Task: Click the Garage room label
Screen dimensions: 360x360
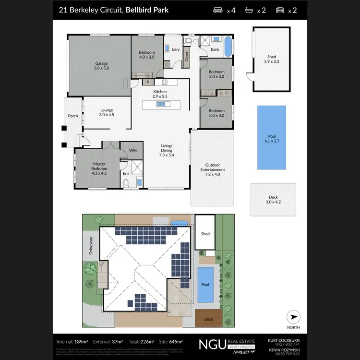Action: coord(101,66)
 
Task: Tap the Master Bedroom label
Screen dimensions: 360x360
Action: coord(99,166)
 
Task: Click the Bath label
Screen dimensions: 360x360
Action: coord(215,49)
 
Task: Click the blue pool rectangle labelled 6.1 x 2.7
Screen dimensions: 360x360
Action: coord(272,137)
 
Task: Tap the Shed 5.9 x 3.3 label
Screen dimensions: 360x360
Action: coord(271,59)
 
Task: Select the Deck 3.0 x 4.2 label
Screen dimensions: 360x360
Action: coord(273,199)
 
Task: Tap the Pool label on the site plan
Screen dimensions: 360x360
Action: coord(205,285)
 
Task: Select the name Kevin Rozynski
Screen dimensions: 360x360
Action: coord(288,349)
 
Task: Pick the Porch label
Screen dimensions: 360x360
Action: coord(73,116)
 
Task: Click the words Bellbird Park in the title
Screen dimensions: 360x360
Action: coord(147,10)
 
